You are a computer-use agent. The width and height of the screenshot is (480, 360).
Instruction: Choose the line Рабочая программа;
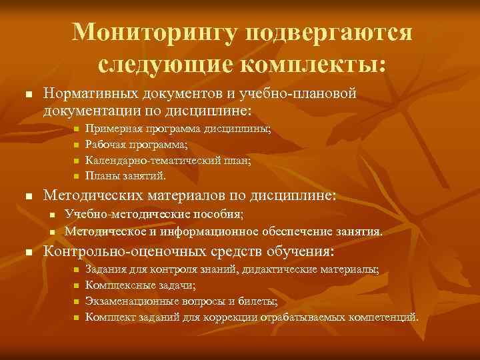(137, 145)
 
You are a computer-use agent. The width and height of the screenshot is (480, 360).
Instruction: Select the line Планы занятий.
(125, 176)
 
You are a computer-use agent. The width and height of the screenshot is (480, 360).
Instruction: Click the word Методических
(93, 197)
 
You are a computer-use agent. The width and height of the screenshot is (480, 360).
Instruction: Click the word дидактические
(279, 271)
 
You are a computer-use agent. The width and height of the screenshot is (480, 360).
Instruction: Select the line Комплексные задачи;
(141, 286)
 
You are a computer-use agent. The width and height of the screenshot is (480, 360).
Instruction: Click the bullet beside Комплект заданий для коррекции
(76, 317)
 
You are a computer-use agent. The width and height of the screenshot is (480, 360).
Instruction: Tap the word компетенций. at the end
(386, 317)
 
